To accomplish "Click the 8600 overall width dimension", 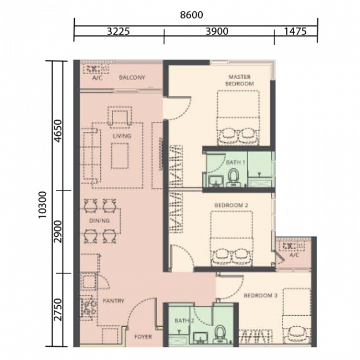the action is coord(192,15).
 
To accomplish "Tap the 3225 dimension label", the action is coord(119,31).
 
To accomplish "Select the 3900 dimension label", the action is coord(217,31).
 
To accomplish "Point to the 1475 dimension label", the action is coord(295,31).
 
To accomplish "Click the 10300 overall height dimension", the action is coord(43,205).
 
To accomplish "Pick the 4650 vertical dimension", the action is coord(58,131).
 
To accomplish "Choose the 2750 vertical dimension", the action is coord(58,310).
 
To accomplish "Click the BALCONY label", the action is coord(132,78).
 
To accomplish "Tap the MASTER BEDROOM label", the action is coord(239,80).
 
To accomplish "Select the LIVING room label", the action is coord(122,136).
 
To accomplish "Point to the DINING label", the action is coord(99,220).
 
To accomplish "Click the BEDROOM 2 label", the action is coord(231,205).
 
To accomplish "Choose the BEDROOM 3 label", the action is coord(261,295).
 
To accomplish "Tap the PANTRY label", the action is coord(114,301).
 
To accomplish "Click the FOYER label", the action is coord(143,337).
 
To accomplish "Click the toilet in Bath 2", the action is coord(220,334).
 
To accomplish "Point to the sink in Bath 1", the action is coord(216,181).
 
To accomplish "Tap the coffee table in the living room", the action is coord(120,156).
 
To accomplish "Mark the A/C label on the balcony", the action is coord(97,78).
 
